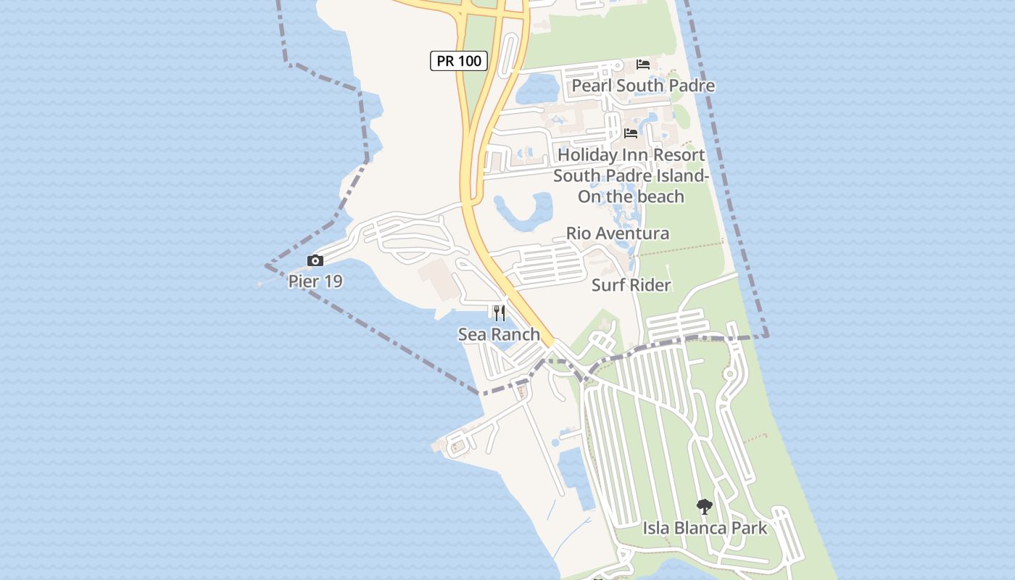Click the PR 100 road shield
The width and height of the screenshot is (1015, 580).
tap(459, 61)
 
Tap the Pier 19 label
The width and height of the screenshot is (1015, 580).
tap(315, 281)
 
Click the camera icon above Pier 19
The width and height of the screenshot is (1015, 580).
tap(315, 260)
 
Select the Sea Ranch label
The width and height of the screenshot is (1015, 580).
tap(499, 334)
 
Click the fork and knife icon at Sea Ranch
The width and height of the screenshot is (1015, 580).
tap(499, 313)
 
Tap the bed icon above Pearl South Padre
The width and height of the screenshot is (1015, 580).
tap(642, 64)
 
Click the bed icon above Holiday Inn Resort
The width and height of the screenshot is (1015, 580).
tap(631, 133)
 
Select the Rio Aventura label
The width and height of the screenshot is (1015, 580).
tap(617, 233)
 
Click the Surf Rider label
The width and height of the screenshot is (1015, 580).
tap(631, 285)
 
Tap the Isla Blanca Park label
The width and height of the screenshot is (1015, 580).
tap(705, 528)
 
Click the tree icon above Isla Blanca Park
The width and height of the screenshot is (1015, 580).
tap(704, 506)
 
